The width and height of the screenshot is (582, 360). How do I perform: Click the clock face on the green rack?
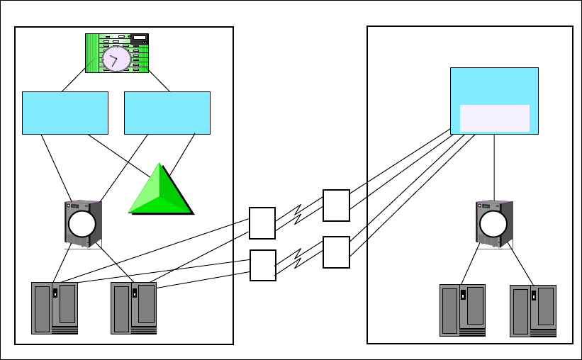coord(116,59)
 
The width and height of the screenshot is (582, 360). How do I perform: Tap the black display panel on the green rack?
coord(140,38)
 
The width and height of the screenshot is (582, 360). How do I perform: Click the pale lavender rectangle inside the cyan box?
coord(494,118)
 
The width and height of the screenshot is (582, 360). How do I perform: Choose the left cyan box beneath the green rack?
coord(65,113)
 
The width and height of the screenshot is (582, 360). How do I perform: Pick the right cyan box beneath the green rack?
coord(167,113)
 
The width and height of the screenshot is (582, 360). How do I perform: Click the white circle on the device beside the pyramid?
coord(82,224)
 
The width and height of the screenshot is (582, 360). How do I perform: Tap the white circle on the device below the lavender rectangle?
coord(493,224)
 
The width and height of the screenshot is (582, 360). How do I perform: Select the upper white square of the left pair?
coord(262,223)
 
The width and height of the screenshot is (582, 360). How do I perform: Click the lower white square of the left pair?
coord(262,265)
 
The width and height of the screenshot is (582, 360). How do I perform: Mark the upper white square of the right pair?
coord(336,206)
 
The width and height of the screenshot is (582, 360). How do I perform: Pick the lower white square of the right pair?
coord(336,252)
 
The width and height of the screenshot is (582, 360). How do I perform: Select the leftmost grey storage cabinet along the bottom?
coord(55,308)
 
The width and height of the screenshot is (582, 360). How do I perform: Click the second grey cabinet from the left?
coord(133,308)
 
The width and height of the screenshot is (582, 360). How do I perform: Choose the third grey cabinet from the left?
coord(462,310)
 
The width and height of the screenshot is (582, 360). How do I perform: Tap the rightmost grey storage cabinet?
coord(532,311)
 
